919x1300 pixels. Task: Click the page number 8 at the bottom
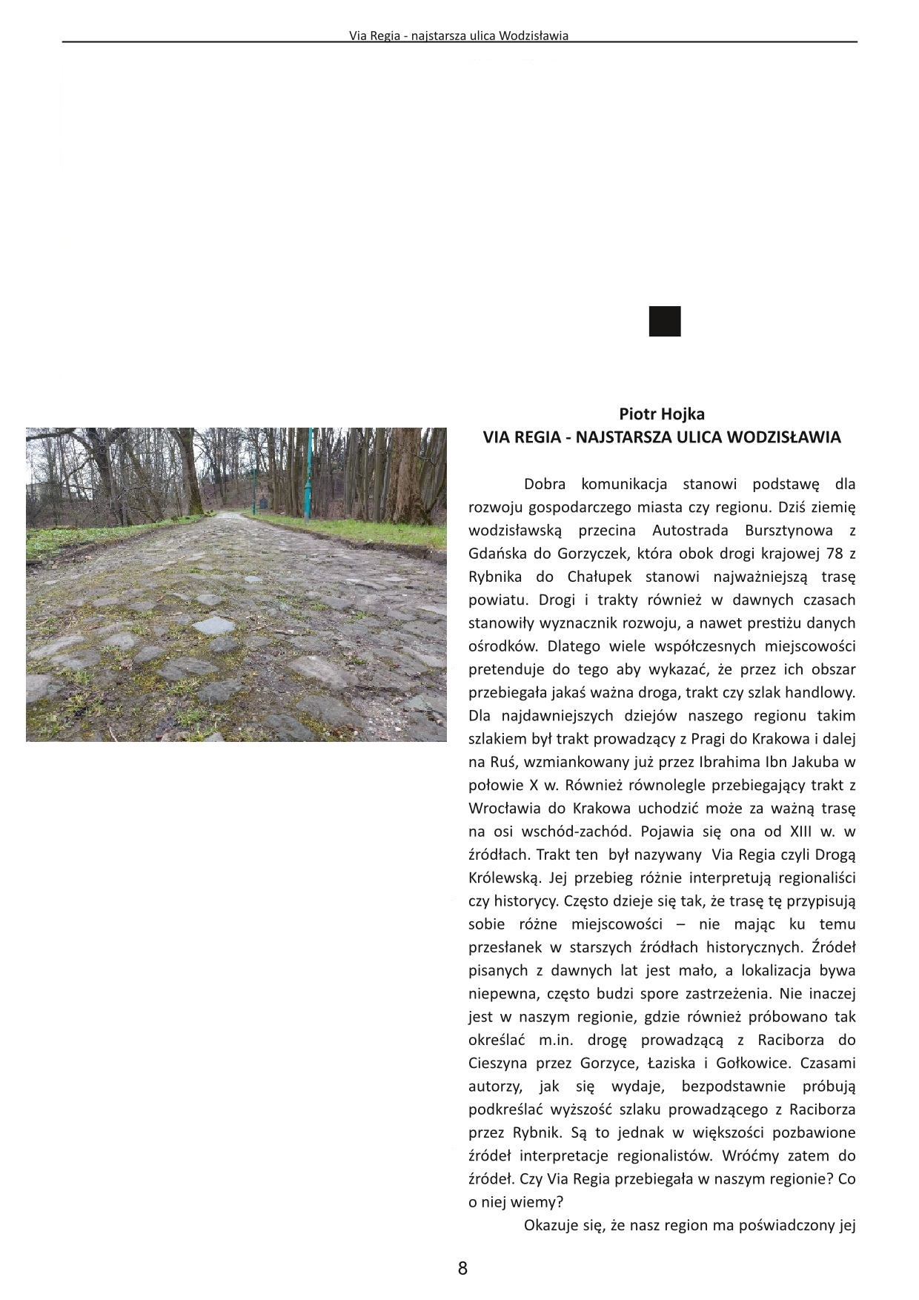tap(462, 1267)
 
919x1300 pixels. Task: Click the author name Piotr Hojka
tap(662, 414)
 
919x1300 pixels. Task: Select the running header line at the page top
tap(459, 35)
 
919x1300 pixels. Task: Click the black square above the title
tap(665, 321)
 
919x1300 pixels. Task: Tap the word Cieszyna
tap(498, 1063)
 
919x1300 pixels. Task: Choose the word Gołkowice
tap(752, 1063)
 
